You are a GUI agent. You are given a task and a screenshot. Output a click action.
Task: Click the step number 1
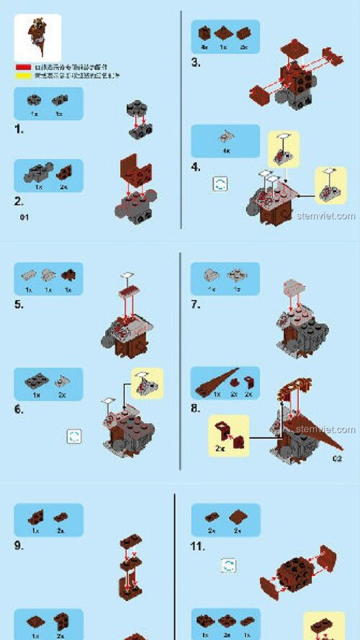[x=19, y=130]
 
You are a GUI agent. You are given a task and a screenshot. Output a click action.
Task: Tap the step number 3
[x=195, y=63]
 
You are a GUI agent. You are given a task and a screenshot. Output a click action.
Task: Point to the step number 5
[x=19, y=304]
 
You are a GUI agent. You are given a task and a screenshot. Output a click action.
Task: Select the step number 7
[x=195, y=304]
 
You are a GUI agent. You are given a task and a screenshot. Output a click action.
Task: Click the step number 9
[x=19, y=545]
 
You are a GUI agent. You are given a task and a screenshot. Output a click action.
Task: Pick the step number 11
[x=197, y=546]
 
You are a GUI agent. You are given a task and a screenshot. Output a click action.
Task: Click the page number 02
[x=337, y=458]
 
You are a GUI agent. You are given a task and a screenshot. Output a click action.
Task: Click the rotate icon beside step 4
[x=220, y=184]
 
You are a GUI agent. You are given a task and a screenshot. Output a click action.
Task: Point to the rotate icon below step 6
[x=73, y=436]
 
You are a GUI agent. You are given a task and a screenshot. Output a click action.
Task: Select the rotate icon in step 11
[x=228, y=565]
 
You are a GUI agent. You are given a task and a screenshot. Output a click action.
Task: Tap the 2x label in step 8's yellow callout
[x=219, y=447]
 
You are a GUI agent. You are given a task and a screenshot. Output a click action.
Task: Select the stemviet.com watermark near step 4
[x=325, y=215]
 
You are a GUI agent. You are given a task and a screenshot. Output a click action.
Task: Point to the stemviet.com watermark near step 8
[x=325, y=430]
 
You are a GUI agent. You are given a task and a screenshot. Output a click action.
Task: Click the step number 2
[x=19, y=202]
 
